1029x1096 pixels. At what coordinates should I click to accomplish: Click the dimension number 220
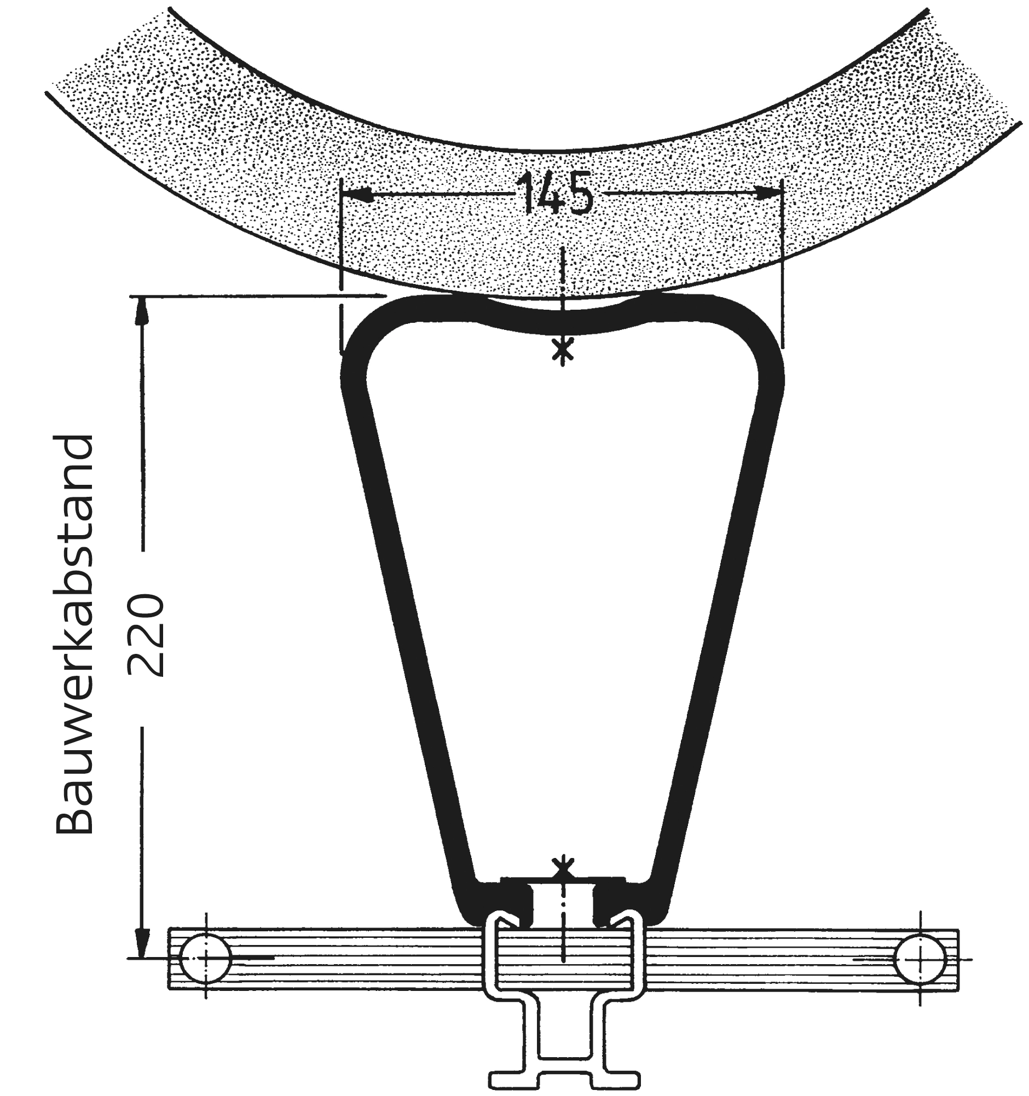tap(146, 635)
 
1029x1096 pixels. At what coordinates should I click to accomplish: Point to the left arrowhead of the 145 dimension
tap(356, 194)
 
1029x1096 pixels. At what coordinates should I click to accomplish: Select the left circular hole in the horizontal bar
tap(206, 959)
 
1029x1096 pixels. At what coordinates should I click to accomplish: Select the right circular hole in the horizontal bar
tap(920, 959)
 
